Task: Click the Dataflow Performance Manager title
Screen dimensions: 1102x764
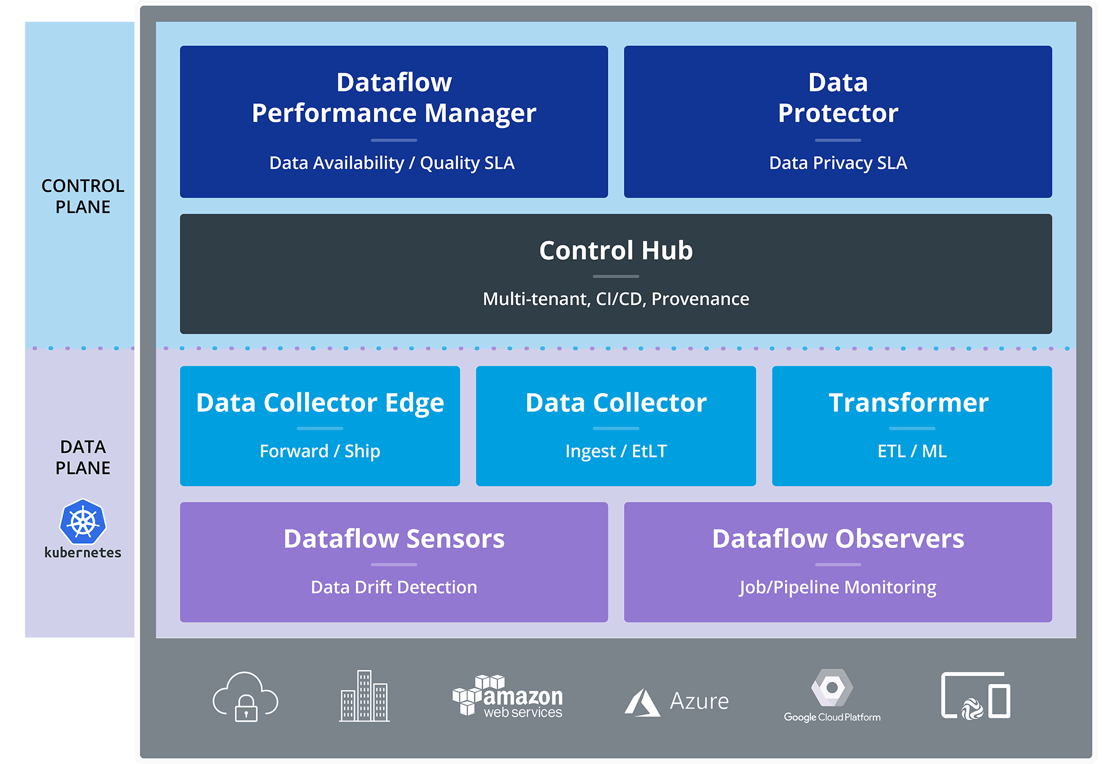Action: [394, 98]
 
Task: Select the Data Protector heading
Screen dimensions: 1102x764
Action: [838, 98]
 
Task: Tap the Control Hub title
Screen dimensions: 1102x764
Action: [616, 250]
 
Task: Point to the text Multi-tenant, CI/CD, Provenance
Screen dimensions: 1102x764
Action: [616, 299]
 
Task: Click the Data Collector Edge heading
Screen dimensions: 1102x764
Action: [320, 403]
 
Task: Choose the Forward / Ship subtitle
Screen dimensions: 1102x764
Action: [320, 451]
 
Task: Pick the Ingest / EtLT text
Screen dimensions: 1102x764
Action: [616, 451]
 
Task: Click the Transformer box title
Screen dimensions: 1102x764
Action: [909, 402]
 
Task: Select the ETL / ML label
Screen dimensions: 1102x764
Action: [912, 451]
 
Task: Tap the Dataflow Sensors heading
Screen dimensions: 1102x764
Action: [394, 539]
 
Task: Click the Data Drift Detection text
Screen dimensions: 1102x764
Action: [394, 587]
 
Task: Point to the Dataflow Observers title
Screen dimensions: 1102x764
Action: [838, 539]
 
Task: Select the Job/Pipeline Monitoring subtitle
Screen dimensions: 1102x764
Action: [838, 588]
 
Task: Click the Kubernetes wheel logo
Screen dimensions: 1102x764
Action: [83, 522]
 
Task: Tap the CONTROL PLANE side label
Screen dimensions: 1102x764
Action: [83, 196]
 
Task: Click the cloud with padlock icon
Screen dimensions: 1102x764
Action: [246, 696]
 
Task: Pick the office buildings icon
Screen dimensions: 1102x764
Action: [364, 696]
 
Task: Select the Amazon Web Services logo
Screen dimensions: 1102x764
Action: [507, 696]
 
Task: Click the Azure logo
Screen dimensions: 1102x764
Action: [677, 702]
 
